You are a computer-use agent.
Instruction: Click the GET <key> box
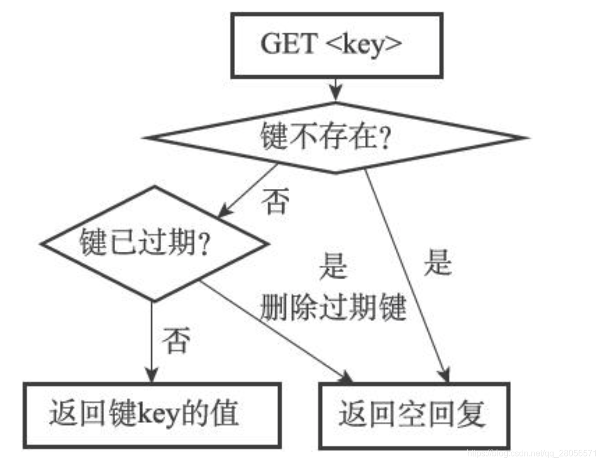pyautogui.click(x=336, y=45)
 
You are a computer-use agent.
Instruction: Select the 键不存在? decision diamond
pyautogui.click(x=335, y=138)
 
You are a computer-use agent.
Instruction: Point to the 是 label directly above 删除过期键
pyautogui.click(x=332, y=265)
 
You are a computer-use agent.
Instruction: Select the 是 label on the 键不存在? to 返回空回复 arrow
pyautogui.click(x=438, y=262)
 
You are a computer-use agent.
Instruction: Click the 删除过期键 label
pyautogui.click(x=334, y=308)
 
